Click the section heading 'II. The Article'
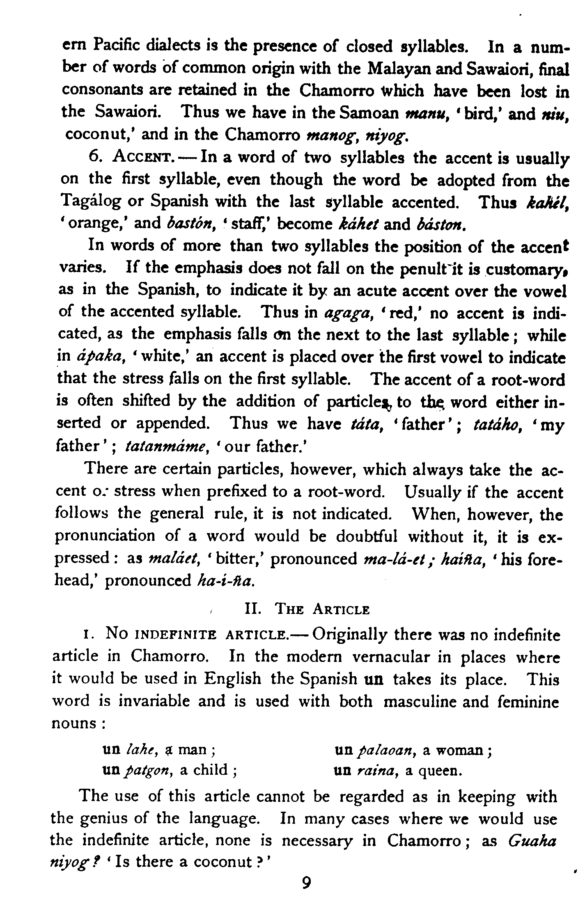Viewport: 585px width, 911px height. pos(307,610)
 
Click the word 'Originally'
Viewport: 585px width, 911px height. pos(349,635)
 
